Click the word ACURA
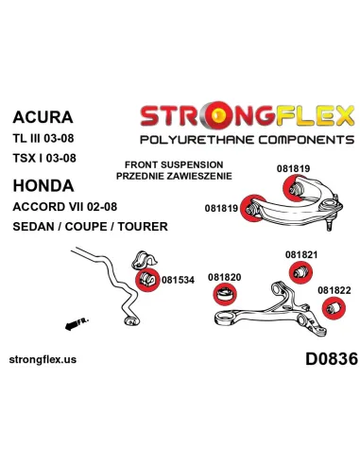click(43, 117)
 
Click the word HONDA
click(43, 185)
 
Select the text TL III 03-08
click(43, 138)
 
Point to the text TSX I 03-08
click(44, 158)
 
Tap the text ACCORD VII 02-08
click(65, 207)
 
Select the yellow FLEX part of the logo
click(316, 115)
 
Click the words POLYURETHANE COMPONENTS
click(248, 140)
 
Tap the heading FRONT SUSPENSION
click(174, 164)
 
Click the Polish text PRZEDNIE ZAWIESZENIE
click(174, 176)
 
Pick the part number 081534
click(178, 280)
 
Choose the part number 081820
click(225, 277)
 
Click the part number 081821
click(301, 254)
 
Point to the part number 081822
click(334, 290)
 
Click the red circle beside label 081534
click(147, 280)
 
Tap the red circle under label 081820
click(225, 294)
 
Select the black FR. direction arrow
click(77, 323)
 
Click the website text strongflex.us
click(43, 359)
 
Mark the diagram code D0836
click(332, 359)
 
